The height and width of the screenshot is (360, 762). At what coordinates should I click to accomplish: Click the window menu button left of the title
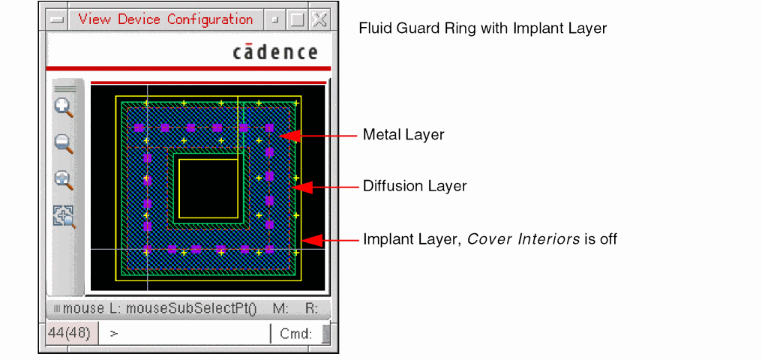tap(56, 20)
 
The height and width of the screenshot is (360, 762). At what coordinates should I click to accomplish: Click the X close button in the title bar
tap(320, 20)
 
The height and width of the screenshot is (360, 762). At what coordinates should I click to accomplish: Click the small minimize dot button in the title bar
tap(276, 20)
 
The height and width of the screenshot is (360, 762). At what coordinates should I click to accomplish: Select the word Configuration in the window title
tap(210, 19)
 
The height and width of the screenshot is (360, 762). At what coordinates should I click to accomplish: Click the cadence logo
tap(274, 52)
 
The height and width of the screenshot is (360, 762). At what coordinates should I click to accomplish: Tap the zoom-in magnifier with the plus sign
tap(64, 107)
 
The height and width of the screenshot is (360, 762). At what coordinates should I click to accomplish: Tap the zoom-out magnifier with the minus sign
tap(64, 143)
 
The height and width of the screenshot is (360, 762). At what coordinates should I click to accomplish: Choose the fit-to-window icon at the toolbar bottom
tap(64, 216)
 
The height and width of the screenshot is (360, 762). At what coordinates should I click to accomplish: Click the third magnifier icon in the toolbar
tap(64, 180)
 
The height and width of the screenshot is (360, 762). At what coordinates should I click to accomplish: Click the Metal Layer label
tap(403, 135)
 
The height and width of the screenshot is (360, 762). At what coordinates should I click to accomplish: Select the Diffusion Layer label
tap(415, 186)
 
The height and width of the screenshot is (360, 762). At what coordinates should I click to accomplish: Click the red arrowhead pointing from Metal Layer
tap(290, 135)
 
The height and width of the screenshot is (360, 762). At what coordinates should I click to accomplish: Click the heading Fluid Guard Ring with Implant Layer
tap(482, 29)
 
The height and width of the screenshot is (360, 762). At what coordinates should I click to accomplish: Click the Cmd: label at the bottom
tap(295, 334)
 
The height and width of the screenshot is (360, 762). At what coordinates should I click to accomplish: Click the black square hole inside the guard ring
tap(207, 188)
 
